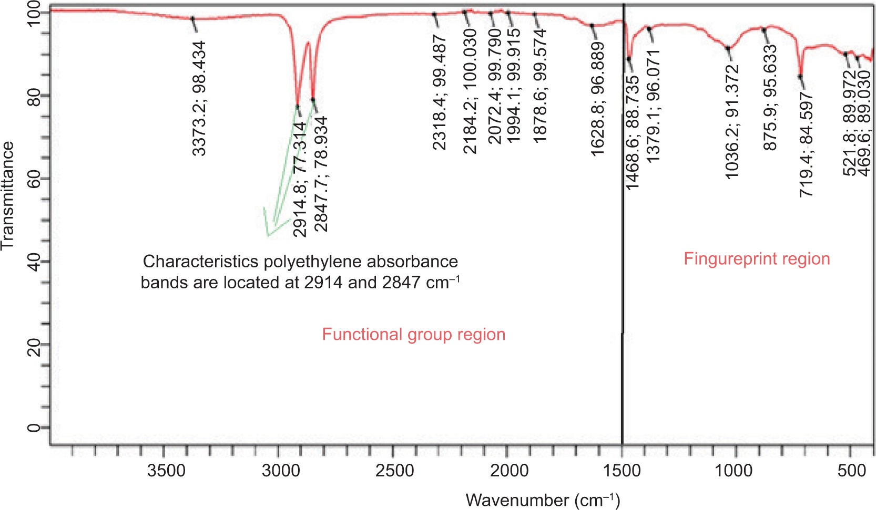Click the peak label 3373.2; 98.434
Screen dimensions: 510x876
coord(199,99)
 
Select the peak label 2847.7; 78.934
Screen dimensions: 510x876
coord(321,174)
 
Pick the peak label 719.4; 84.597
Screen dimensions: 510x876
coord(806,145)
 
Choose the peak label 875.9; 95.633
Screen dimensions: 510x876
coord(770,98)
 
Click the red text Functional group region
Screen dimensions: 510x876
coord(413,335)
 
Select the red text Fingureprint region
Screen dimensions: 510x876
coord(757,259)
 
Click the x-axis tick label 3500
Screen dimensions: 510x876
coord(166,471)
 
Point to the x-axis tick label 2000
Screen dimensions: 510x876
coord(509,471)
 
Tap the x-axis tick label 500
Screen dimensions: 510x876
coord(851,471)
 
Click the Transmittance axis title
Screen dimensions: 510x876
coord(7,196)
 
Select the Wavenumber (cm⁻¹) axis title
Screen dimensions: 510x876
coord(543,500)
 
